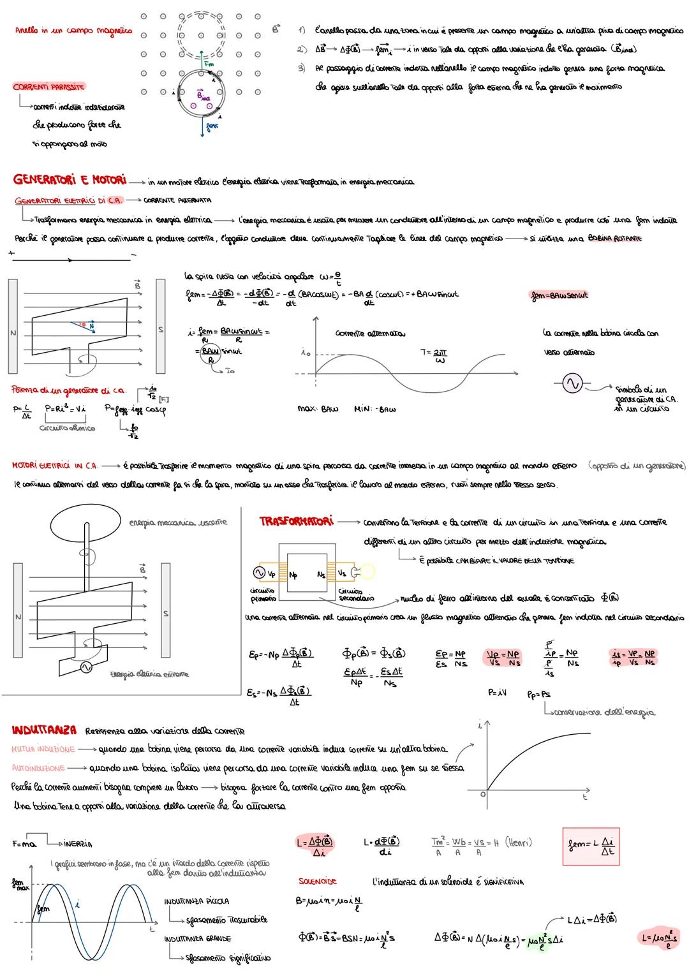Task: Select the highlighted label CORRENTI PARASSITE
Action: [x=49, y=87]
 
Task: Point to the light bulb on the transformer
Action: [x=369, y=572]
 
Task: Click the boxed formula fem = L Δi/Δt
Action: [x=591, y=846]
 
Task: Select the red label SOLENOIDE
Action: [x=317, y=882]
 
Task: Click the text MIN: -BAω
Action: [x=374, y=409]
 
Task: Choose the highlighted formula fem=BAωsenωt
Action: [x=559, y=295]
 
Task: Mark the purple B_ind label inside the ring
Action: [x=204, y=96]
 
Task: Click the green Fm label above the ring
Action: [x=209, y=64]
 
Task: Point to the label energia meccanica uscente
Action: [x=178, y=522]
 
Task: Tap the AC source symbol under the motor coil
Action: [x=84, y=667]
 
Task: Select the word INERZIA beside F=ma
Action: [x=77, y=843]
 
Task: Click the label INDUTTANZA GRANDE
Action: [x=197, y=939]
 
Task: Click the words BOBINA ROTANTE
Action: [x=615, y=239]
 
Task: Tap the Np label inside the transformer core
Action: [x=293, y=574]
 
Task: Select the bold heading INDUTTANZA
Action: [x=44, y=730]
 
